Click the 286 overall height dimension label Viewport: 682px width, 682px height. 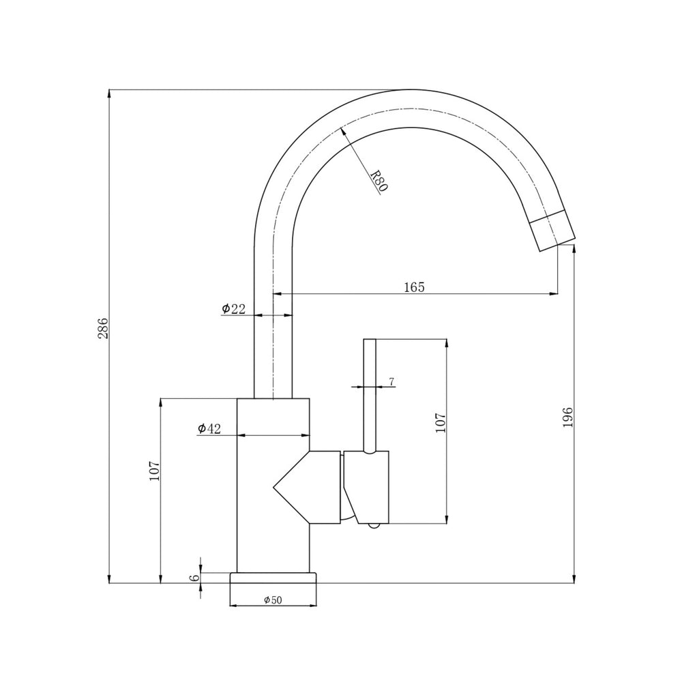coord(103,329)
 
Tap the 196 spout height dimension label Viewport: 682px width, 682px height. coord(568,417)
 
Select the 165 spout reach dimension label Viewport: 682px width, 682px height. coord(414,287)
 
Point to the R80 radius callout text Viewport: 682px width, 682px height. coord(379,181)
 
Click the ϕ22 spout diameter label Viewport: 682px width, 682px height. coord(233,308)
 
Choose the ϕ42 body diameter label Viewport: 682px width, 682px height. coord(209,428)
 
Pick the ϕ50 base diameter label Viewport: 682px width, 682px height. coord(273,599)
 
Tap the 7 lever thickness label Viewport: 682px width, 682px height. coord(391,381)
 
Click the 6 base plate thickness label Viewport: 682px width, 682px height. coord(194,578)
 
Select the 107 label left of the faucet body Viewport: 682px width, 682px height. coord(155,471)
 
